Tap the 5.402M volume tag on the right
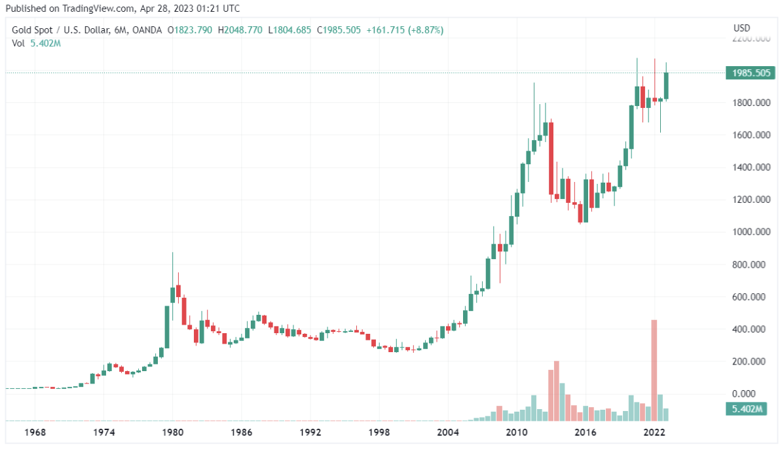(746, 410)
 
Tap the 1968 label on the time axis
(35, 433)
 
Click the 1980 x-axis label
(173, 433)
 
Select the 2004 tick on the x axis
(449, 433)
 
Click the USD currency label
(742, 29)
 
